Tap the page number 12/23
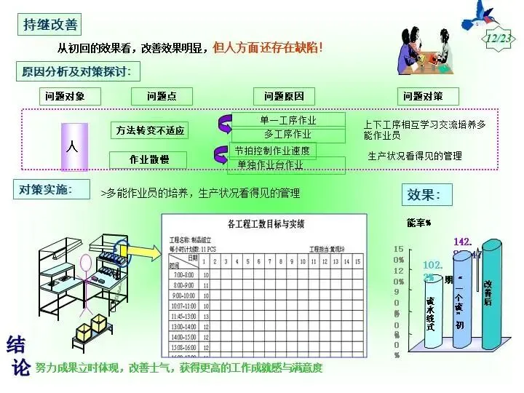499,38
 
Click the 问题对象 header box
64,96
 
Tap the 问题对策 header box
430,96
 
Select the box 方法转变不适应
151,131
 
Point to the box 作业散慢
149,159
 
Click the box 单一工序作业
287,120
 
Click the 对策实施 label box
44,189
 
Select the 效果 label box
428,195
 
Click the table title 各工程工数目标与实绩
266,223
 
